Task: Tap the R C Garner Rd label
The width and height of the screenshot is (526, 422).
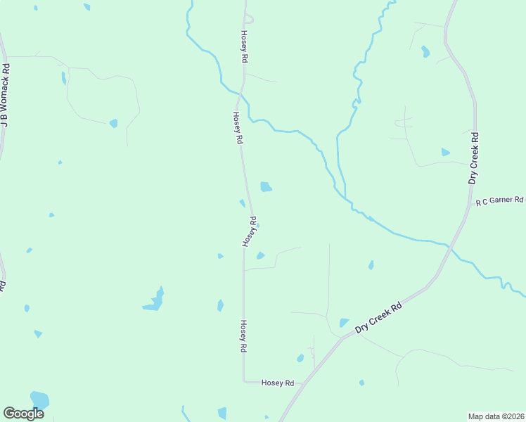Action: pos(501,201)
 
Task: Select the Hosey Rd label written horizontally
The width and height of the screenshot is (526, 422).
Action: pos(277,383)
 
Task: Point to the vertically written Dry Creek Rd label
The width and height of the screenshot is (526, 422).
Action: pos(474,158)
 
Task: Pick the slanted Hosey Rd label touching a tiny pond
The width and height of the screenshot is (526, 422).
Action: pos(250,231)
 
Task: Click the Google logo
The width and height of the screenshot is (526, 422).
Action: pos(23,414)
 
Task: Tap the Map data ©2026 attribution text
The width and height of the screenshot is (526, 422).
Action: pos(496,416)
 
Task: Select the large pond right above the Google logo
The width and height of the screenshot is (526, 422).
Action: pos(39,400)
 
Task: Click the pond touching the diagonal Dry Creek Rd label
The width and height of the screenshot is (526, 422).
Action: pos(344,323)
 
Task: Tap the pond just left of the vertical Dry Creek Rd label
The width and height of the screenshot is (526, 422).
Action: pos(445,152)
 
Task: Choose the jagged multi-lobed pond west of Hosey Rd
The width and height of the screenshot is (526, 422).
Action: pos(155,300)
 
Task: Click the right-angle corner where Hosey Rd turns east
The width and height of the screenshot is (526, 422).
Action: pos(244,381)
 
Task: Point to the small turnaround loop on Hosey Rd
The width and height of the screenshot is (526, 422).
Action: pos(249,20)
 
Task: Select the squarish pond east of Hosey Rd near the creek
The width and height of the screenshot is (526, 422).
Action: pos(266,186)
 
